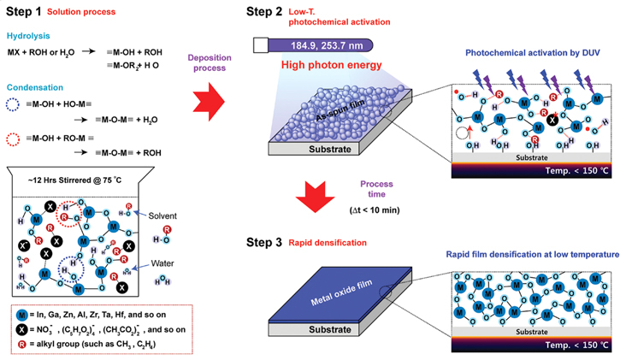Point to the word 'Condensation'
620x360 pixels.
click(36, 86)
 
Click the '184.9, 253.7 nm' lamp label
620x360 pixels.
click(319, 44)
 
